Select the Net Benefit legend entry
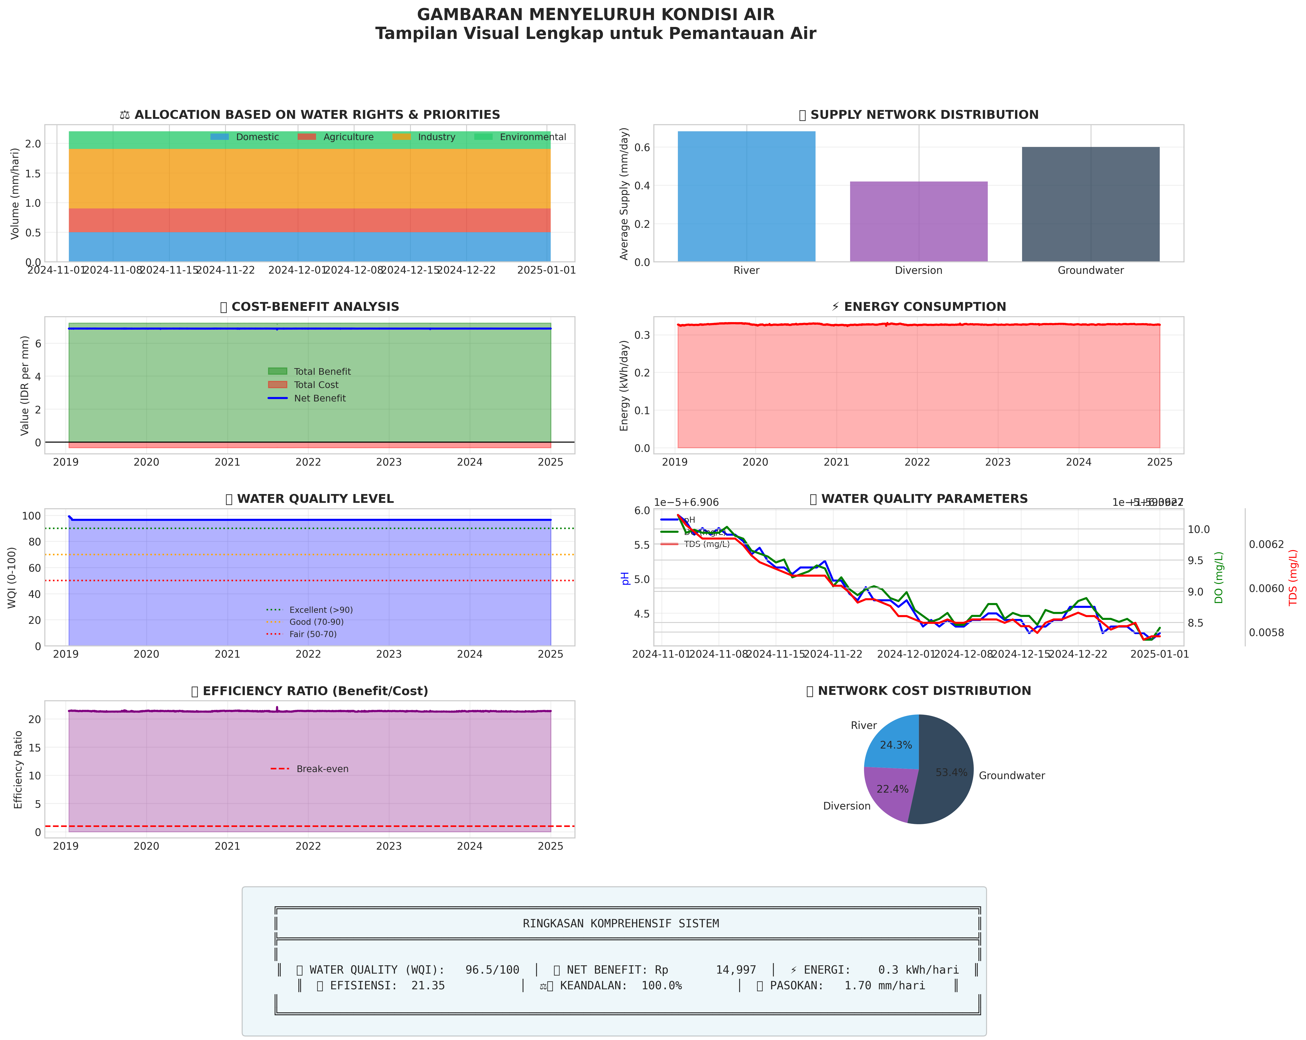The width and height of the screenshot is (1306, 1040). click(x=320, y=398)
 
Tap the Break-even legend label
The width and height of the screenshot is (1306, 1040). click(x=322, y=769)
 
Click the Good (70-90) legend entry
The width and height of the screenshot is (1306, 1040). click(x=316, y=622)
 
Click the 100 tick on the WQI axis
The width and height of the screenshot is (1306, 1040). click(x=32, y=516)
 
